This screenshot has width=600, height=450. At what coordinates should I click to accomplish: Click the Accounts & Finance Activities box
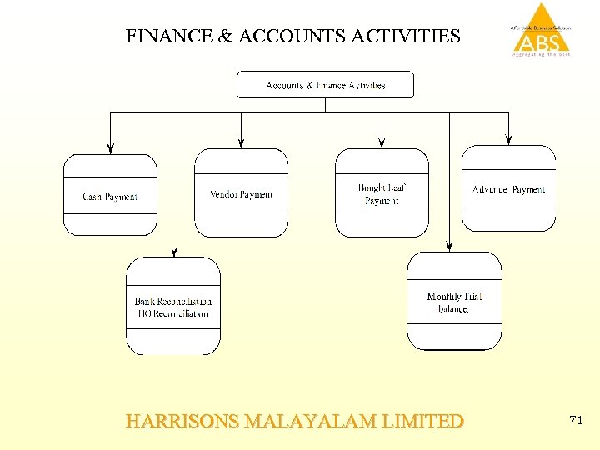[325, 85]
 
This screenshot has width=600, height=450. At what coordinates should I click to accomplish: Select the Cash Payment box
[110, 196]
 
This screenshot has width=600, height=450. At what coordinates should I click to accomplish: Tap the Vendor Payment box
[241, 193]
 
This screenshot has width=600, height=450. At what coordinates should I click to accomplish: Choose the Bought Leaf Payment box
[382, 193]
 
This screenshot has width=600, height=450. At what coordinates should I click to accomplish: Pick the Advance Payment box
[508, 189]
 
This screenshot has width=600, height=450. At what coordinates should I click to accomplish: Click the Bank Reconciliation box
[173, 307]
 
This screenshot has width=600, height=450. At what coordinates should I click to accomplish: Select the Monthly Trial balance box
[454, 302]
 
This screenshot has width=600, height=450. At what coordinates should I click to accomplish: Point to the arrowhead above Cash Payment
[110, 148]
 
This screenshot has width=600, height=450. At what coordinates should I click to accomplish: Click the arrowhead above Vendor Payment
[241, 142]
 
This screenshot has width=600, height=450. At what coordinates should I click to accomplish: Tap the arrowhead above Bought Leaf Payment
[382, 142]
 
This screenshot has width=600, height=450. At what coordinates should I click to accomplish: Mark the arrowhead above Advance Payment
[508, 139]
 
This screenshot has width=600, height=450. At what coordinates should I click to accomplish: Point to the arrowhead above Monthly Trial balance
[450, 246]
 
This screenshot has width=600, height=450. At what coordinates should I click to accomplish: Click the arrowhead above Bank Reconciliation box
[173, 251]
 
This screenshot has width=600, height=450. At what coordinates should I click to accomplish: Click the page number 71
[575, 421]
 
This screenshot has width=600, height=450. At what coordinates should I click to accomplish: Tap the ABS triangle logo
[542, 30]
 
